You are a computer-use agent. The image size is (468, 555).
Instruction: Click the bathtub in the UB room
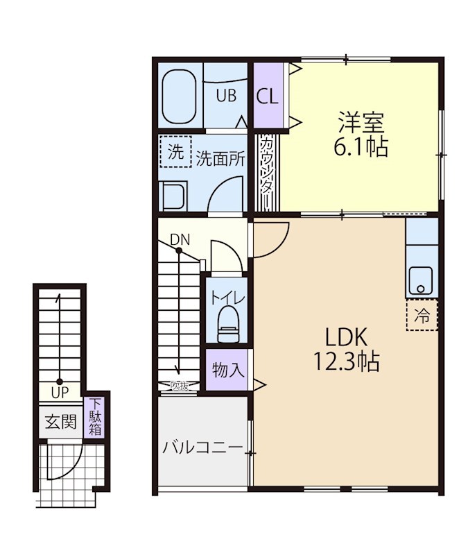tap(180, 96)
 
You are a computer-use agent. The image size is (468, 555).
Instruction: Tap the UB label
tap(226, 96)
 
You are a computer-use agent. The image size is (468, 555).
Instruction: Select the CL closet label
tap(268, 96)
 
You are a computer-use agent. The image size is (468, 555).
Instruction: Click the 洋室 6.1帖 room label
tap(361, 134)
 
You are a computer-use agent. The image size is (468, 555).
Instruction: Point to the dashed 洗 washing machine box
tap(175, 151)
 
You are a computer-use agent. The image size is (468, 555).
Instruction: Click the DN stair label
tap(180, 239)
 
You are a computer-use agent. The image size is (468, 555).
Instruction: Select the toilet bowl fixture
tap(228, 325)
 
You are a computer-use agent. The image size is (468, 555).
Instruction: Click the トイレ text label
tap(227, 298)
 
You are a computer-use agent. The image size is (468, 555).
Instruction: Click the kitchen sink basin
tap(421, 280)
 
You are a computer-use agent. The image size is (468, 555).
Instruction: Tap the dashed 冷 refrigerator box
tap(422, 315)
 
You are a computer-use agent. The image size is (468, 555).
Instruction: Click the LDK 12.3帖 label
tap(347, 349)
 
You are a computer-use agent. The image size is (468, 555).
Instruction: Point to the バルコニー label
tap(203, 448)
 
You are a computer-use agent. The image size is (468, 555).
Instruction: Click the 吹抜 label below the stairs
tap(179, 386)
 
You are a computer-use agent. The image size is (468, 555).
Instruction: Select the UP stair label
tap(60, 393)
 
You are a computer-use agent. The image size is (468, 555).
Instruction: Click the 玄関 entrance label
tap(60, 422)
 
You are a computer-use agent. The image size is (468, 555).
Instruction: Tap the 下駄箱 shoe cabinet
tap(94, 417)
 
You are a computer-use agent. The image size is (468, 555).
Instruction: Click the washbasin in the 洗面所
tap(173, 196)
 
